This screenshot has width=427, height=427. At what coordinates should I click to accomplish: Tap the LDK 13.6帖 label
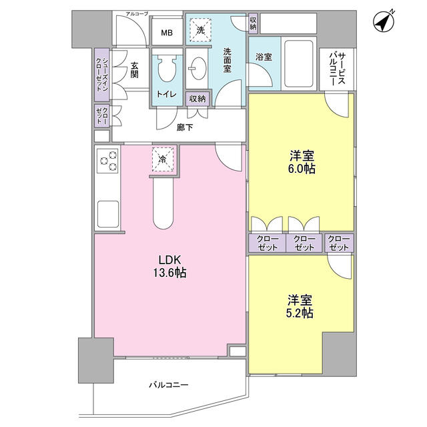[171, 266]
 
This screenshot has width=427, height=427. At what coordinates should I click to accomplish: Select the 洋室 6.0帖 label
[302, 162]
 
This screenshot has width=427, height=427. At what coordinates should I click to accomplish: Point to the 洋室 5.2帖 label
[300, 306]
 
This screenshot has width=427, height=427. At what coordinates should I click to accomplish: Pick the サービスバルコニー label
[336, 69]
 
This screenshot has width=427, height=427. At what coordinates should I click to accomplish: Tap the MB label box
[165, 31]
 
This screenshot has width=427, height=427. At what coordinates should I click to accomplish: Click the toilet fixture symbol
[165, 69]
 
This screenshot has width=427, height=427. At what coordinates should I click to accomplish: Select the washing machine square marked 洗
[199, 30]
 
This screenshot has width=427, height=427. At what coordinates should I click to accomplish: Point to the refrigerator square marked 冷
[163, 158]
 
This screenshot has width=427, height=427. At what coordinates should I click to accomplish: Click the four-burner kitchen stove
[107, 161]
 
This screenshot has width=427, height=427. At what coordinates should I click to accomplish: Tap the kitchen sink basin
[107, 213]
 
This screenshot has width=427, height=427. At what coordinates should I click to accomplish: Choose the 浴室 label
[263, 58]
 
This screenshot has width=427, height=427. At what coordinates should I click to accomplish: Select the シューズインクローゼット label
[101, 73]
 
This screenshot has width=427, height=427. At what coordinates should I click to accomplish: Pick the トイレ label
[166, 95]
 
